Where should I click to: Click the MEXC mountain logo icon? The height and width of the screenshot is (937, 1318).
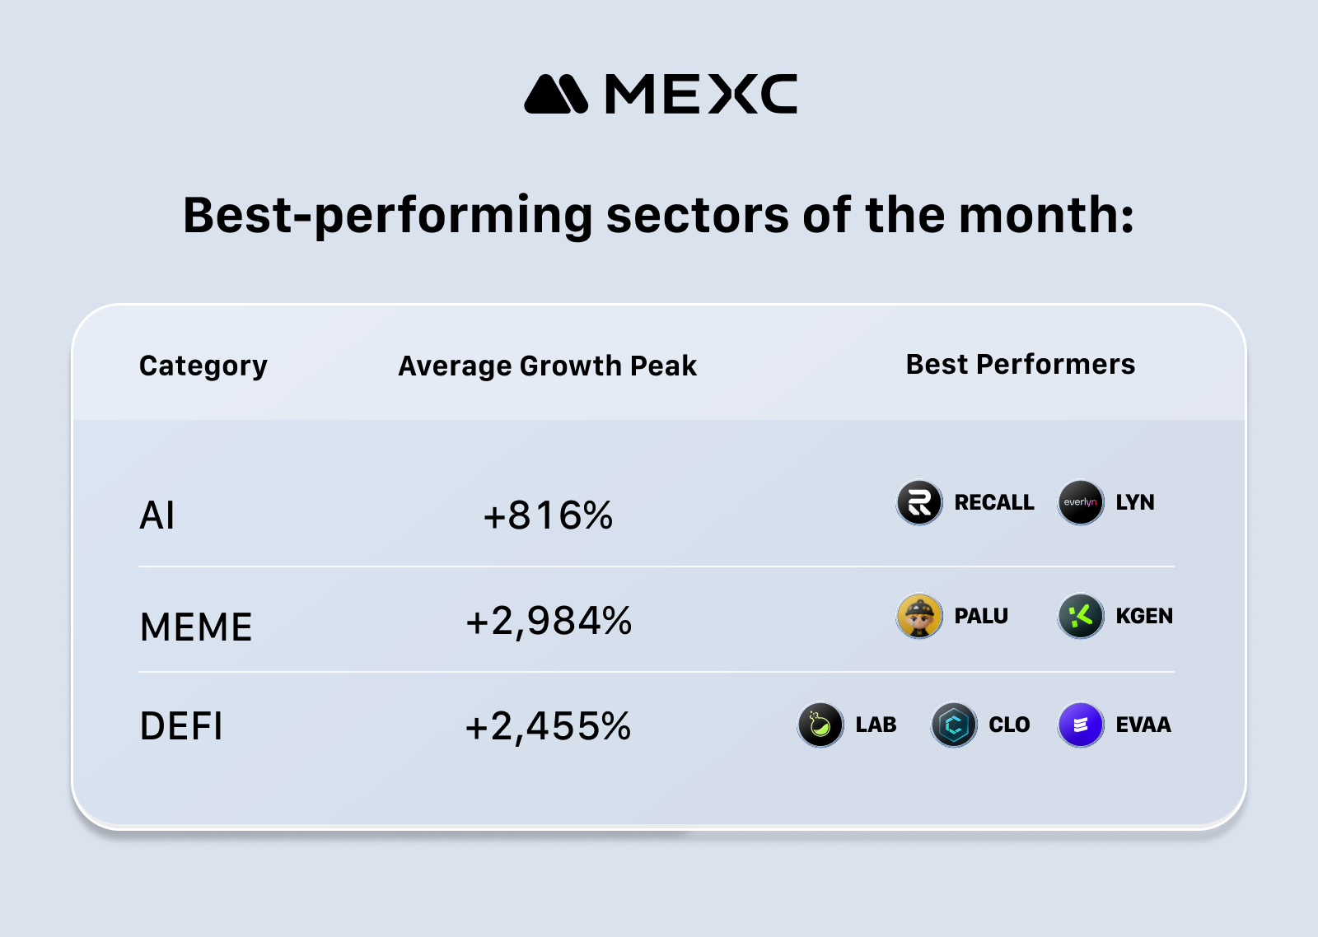click(x=556, y=95)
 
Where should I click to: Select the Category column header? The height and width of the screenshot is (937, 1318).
click(x=203, y=366)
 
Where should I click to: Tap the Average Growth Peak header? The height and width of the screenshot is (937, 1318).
click(x=547, y=366)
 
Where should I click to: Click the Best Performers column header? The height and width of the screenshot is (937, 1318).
click(x=1020, y=364)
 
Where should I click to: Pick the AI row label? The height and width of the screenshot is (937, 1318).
click(x=157, y=516)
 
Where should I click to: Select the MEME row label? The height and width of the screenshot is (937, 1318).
click(x=196, y=627)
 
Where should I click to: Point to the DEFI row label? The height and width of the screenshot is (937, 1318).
click(x=181, y=726)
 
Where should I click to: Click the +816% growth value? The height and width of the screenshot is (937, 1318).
click(x=548, y=516)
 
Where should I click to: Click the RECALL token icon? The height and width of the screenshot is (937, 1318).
click(x=919, y=502)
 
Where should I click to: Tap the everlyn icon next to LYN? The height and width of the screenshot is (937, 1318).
click(x=1081, y=502)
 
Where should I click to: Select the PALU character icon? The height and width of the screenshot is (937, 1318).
click(x=919, y=616)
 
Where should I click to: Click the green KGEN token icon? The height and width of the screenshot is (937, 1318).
click(x=1081, y=616)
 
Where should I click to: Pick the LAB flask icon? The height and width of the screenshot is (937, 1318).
click(x=820, y=725)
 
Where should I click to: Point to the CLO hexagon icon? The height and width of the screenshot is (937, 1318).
click(x=954, y=725)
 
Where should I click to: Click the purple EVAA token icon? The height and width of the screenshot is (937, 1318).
click(x=1081, y=725)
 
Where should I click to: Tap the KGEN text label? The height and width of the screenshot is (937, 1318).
click(x=1143, y=616)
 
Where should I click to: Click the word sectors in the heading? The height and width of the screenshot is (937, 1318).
click(x=698, y=216)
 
